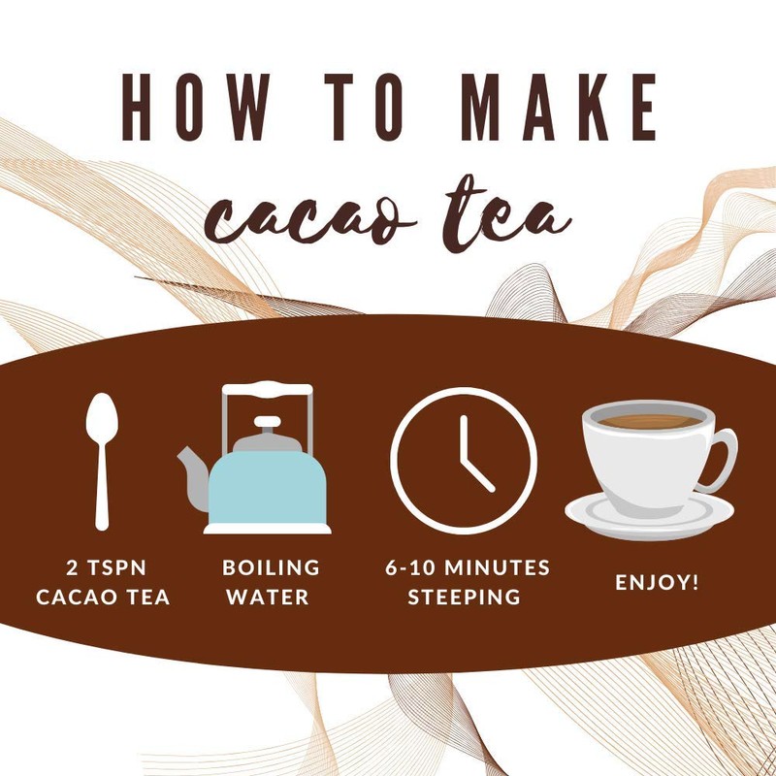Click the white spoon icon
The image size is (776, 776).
coord(100,456)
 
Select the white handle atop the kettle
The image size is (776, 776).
coord(267,391)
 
